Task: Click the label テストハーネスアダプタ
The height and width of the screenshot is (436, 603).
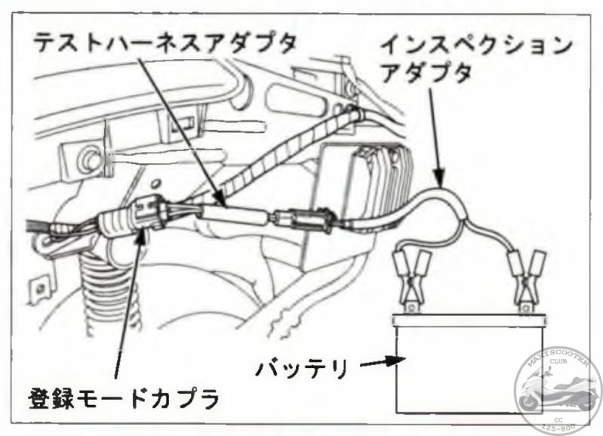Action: [x=165, y=42]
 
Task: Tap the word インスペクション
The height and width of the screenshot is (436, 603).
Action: [x=476, y=45]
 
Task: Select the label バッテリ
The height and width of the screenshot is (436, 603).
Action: [x=303, y=368]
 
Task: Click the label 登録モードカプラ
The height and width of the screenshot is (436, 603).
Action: [x=124, y=397]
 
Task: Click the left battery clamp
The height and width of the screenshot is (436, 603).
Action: [x=410, y=280]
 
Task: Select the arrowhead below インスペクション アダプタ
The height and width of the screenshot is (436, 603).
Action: [x=439, y=178]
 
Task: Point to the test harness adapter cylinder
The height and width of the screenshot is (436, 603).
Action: [x=233, y=217]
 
